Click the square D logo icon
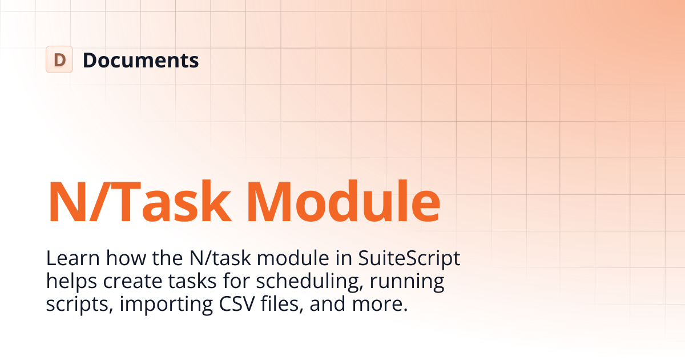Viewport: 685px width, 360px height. [x=59, y=59]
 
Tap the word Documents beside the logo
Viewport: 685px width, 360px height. [x=141, y=60]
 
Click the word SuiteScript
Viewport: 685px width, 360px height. [x=409, y=259]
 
